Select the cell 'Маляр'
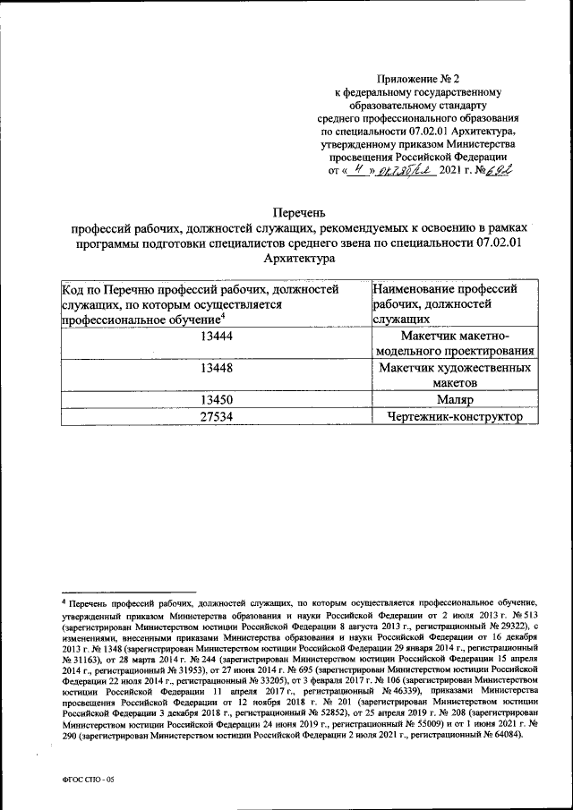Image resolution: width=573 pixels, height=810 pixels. pos(456,400)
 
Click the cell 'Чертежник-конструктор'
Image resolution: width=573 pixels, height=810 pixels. pos(456,417)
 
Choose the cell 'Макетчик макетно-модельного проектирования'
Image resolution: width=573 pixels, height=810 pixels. pos(456,343)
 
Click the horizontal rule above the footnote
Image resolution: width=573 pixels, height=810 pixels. pos(98,594)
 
